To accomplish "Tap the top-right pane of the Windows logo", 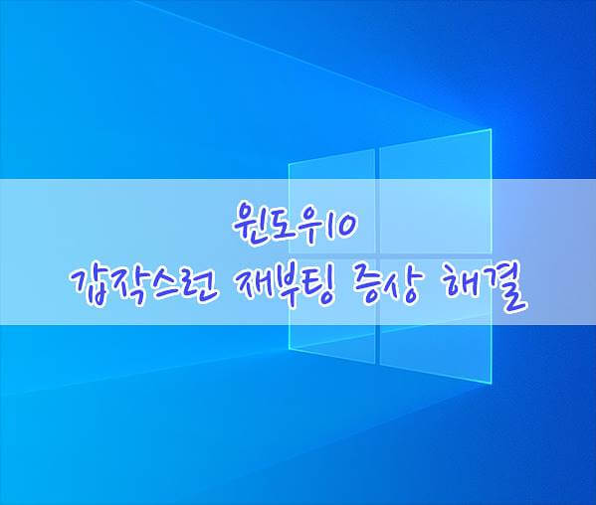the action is pos(435,194).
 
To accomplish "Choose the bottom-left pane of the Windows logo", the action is pos(331,305).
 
